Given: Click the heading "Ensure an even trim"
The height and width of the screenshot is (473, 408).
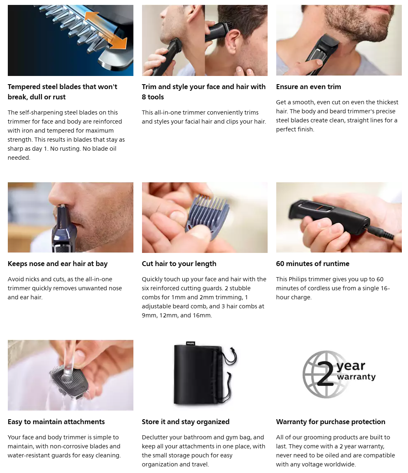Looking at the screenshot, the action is coord(309,87).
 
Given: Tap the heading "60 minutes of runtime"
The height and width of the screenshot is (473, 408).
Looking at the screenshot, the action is coord(313,264).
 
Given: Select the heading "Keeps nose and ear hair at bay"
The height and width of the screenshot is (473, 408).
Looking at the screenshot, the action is coord(57,264).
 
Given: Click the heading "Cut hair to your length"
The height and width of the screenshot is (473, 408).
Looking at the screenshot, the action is coord(179,264).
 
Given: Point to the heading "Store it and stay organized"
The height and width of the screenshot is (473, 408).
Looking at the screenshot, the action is coord(186,422).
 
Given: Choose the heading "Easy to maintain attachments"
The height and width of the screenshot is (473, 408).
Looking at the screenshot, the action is coord(56,422).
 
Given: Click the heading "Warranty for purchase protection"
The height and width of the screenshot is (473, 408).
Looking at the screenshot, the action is coord(331,422).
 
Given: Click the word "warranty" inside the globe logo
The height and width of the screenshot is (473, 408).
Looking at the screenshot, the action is coord(356,377).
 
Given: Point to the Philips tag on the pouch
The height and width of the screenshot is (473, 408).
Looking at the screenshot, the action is coord(190,343).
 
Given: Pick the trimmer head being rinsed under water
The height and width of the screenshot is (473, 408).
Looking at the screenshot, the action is coord(70,380).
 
